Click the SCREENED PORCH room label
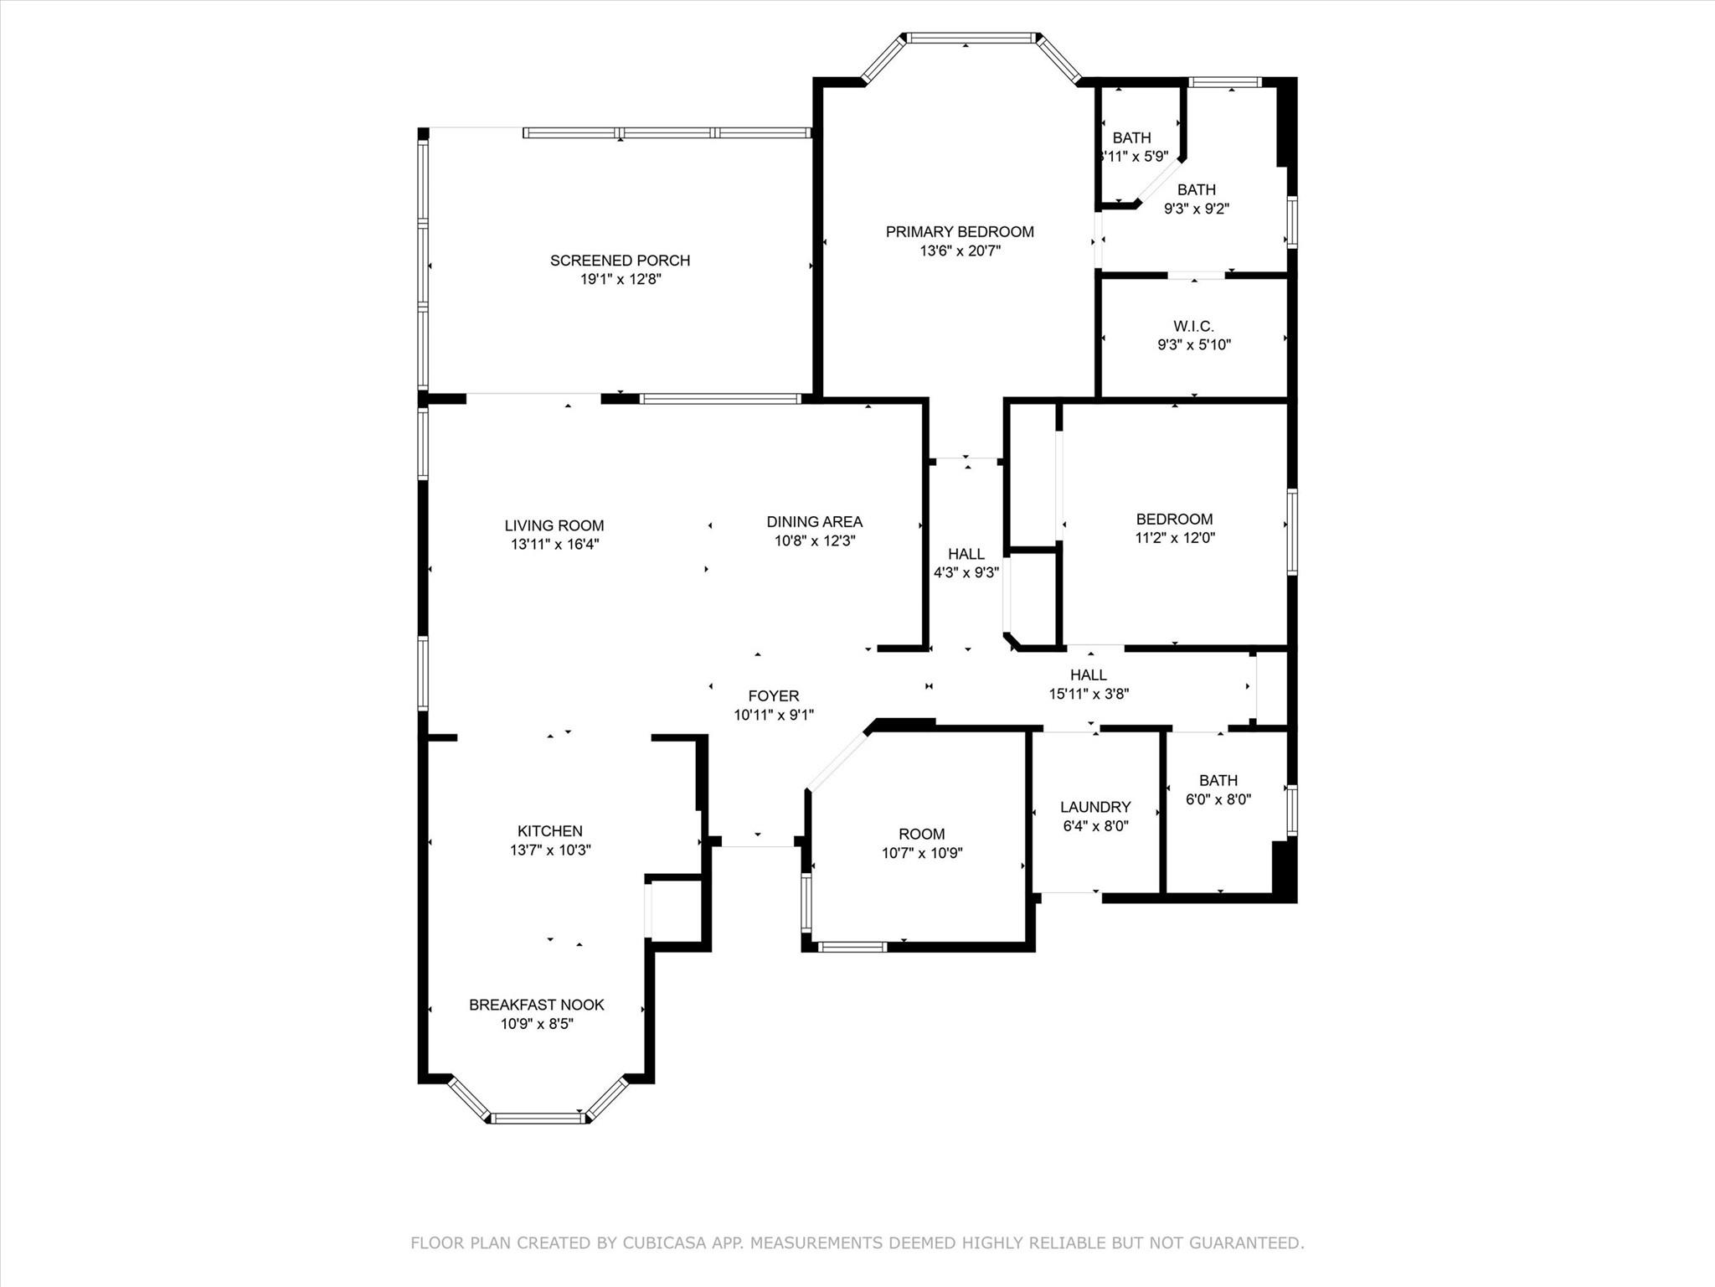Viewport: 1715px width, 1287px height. tap(620, 261)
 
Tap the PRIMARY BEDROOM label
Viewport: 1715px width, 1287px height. tap(960, 232)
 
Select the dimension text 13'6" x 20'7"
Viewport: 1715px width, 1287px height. tap(960, 251)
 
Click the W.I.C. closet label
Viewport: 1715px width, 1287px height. tap(1193, 326)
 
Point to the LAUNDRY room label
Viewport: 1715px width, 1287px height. tap(1095, 807)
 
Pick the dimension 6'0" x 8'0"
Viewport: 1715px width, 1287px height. tap(1218, 799)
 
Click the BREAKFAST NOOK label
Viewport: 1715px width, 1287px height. tap(536, 1005)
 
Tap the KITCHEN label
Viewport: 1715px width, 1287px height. tap(549, 831)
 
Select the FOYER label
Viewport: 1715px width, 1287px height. tap(774, 695)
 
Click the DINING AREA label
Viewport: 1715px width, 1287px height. tap(814, 522)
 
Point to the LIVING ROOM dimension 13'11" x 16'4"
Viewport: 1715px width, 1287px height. tap(554, 544)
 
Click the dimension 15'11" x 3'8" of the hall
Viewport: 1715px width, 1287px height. tap(1089, 694)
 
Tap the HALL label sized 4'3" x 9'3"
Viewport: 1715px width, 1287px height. tap(966, 554)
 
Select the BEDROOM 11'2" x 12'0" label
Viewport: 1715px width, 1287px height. tap(1174, 519)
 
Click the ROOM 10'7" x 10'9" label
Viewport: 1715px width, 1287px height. tap(922, 834)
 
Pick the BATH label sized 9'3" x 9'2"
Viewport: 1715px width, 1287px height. tap(1196, 190)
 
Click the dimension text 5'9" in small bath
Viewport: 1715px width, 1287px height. tap(1151, 156)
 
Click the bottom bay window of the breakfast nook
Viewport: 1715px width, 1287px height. tap(539, 1117)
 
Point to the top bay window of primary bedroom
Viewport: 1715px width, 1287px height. tap(971, 38)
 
